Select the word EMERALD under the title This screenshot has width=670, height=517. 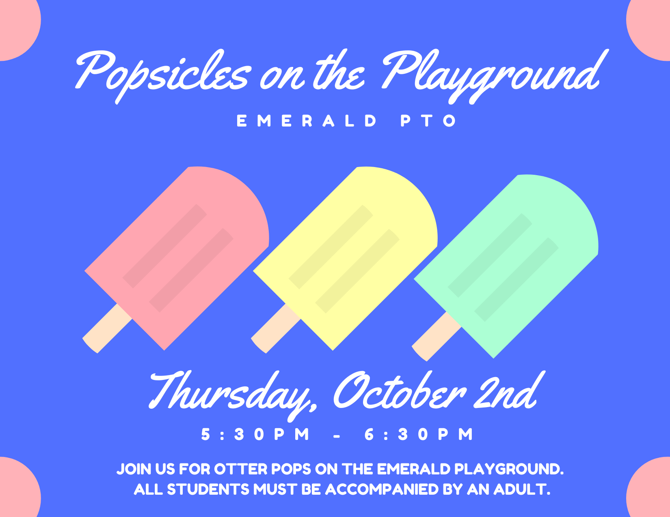pyautogui.click(x=307, y=121)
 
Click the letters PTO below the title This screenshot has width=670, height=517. pyautogui.click(x=429, y=121)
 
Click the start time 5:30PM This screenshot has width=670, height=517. pyautogui.click(x=256, y=434)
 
